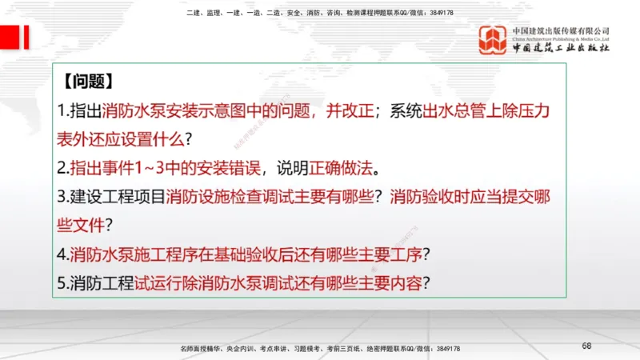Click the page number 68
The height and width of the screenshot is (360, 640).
[x=586, y=346]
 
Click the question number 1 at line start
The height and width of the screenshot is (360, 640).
[x=62, y=111]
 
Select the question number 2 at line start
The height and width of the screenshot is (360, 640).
[x=62, y=169]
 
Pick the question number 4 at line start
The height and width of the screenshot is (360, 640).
[x=62, y=255]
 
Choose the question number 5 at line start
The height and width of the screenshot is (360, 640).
[x=62, y=283]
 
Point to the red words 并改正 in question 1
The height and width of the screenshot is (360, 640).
[x=350, y=111]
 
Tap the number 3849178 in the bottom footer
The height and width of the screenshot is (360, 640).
[x=444, y=349]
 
